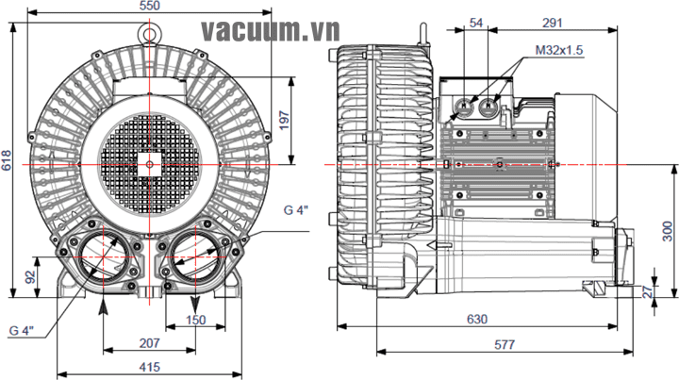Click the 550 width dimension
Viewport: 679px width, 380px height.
coord(150,6)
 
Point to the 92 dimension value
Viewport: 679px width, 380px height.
coord(30,277)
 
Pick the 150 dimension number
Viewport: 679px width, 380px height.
coord(196,321)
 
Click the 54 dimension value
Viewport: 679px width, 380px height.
coord(476,22)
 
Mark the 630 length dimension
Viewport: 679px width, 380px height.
coord(477,320)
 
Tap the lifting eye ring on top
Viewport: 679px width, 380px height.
coord(149,31)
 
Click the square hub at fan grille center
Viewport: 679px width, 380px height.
coord(149,162)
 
